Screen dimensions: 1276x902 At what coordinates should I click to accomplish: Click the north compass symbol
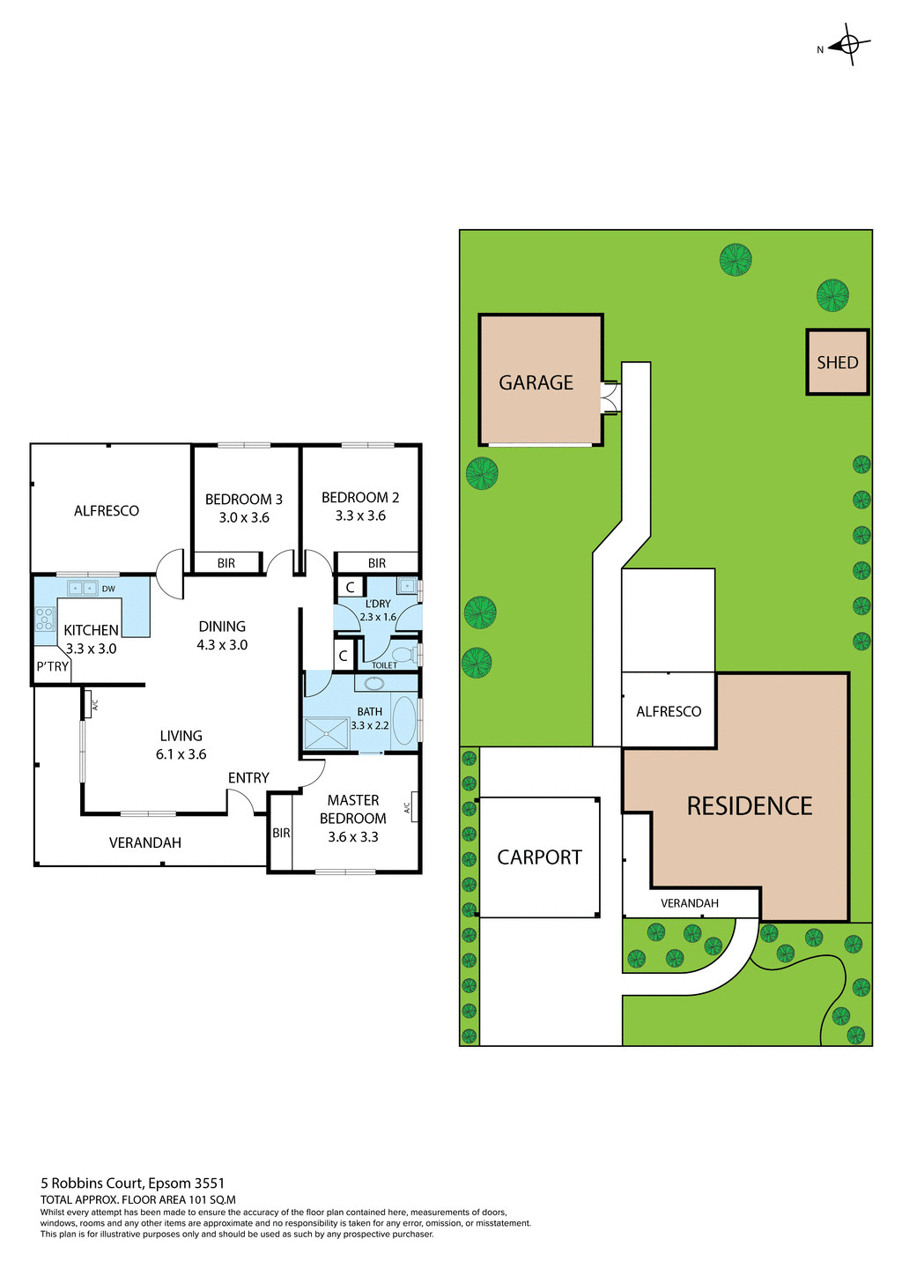click(849, 44)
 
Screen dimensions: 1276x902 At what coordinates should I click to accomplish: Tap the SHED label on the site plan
click(837, 362)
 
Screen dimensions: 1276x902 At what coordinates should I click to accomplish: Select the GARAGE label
click(536, 382)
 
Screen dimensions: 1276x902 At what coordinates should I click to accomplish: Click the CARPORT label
click(539, 857)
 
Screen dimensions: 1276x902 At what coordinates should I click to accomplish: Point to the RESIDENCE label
click(749, 806)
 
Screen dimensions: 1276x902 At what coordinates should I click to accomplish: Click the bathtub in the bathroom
click(403, 721)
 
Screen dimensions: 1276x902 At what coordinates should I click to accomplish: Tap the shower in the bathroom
click(325, 733)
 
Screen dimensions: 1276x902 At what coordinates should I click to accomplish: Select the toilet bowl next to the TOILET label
click(403, 654)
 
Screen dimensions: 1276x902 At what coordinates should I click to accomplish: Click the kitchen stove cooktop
click(45, 619)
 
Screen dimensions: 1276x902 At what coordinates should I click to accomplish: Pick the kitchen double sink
click(83, 588)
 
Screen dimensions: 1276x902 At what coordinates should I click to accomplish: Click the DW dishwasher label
click(108, 589)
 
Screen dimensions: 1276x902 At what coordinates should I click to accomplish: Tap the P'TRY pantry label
click(52, 666)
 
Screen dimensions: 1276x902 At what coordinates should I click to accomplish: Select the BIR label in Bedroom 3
click(226, 563)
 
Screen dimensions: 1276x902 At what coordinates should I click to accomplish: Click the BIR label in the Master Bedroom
click(281, 833)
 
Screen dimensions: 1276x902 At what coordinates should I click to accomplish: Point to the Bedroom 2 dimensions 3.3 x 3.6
click(360, 516)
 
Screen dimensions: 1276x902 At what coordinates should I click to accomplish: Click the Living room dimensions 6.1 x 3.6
click(181, 754)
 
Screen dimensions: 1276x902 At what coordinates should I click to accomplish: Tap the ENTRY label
click(248, 777)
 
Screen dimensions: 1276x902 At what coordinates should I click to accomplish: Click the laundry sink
click(406, 584)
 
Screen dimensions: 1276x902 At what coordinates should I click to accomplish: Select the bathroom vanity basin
click(373, 682)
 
